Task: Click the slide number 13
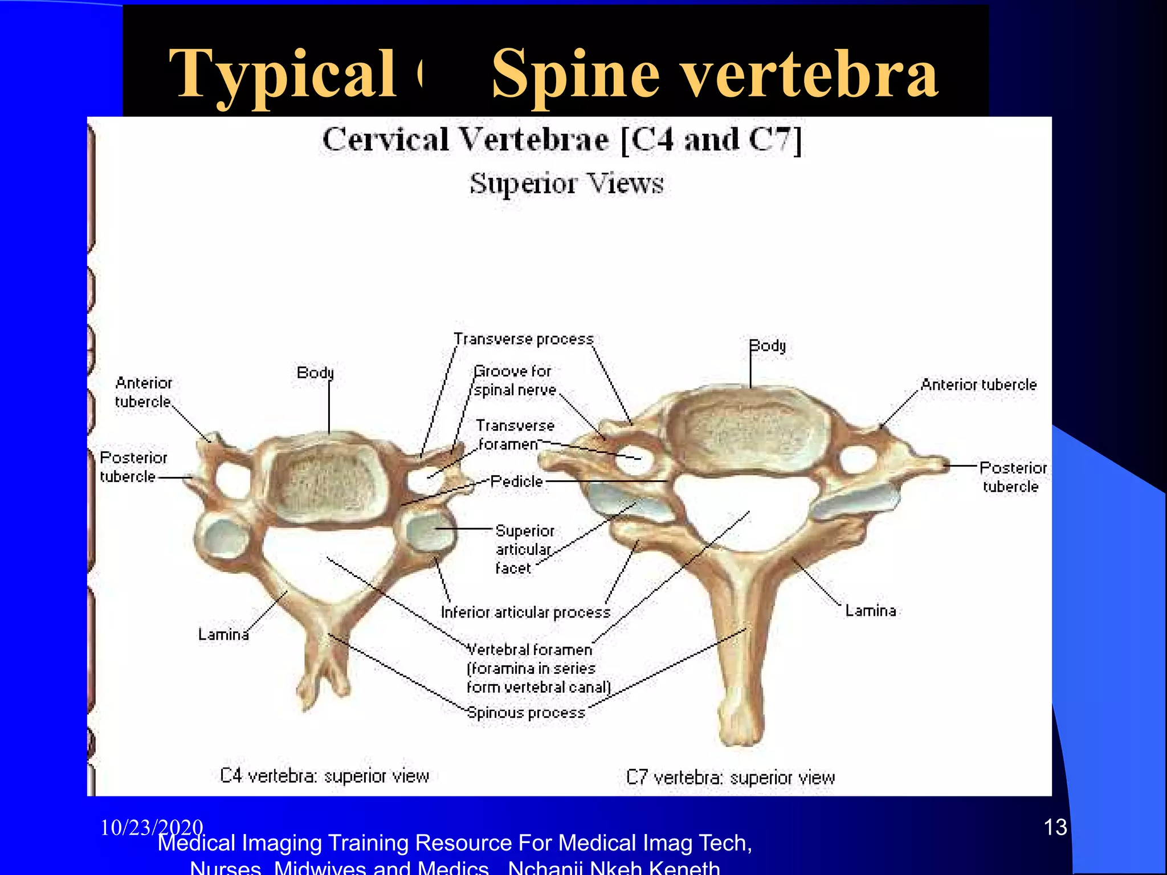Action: tap(1055, 827)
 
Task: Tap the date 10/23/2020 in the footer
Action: tap(152, 827)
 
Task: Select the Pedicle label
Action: tap(516, 481)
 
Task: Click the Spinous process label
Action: tap(526, 713)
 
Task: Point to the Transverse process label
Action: tap(524, 340)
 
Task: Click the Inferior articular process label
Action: tap(525, 612)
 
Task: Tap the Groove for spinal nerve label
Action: tap(515, 381)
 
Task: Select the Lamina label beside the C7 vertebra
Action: tap(870, 611)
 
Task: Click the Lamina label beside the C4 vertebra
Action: tap(223, 634)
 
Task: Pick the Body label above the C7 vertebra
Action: tap(767, 346)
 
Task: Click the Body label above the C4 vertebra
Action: tap(315, 373)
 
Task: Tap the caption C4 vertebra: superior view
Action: tap(324, 776)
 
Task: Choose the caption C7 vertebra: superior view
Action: tap(730, 778)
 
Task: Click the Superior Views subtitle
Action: tap(566, 183)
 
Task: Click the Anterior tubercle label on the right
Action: tap(978, 385)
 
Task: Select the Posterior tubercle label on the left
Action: tap(133, 467)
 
